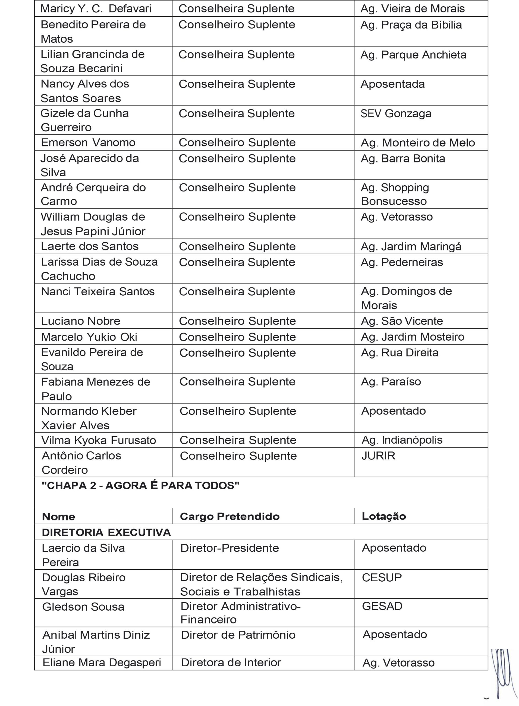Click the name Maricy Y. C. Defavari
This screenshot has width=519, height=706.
click(96, 9)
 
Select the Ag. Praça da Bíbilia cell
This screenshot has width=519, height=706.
click(411, 25)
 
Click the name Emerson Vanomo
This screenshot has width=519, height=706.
click(88, 143)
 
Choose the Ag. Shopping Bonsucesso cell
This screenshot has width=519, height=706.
click(395, 194)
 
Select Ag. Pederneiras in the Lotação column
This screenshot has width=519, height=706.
click(402, 262)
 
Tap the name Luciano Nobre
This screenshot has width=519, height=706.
click(81, 321)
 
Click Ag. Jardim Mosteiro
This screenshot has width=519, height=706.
click(413, 337)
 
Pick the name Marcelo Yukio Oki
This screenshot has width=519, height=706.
click(89, 337)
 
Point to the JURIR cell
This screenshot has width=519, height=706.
click(378, 456)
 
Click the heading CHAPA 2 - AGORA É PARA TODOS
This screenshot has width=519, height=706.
click(141, 486)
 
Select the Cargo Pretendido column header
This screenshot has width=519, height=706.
click(230, 517)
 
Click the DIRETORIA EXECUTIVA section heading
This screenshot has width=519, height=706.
click(106, 533)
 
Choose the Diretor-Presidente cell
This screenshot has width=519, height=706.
click(230, 548)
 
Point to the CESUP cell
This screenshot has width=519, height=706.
click(382, 577)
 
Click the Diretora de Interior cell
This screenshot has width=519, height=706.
click(231, 663)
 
